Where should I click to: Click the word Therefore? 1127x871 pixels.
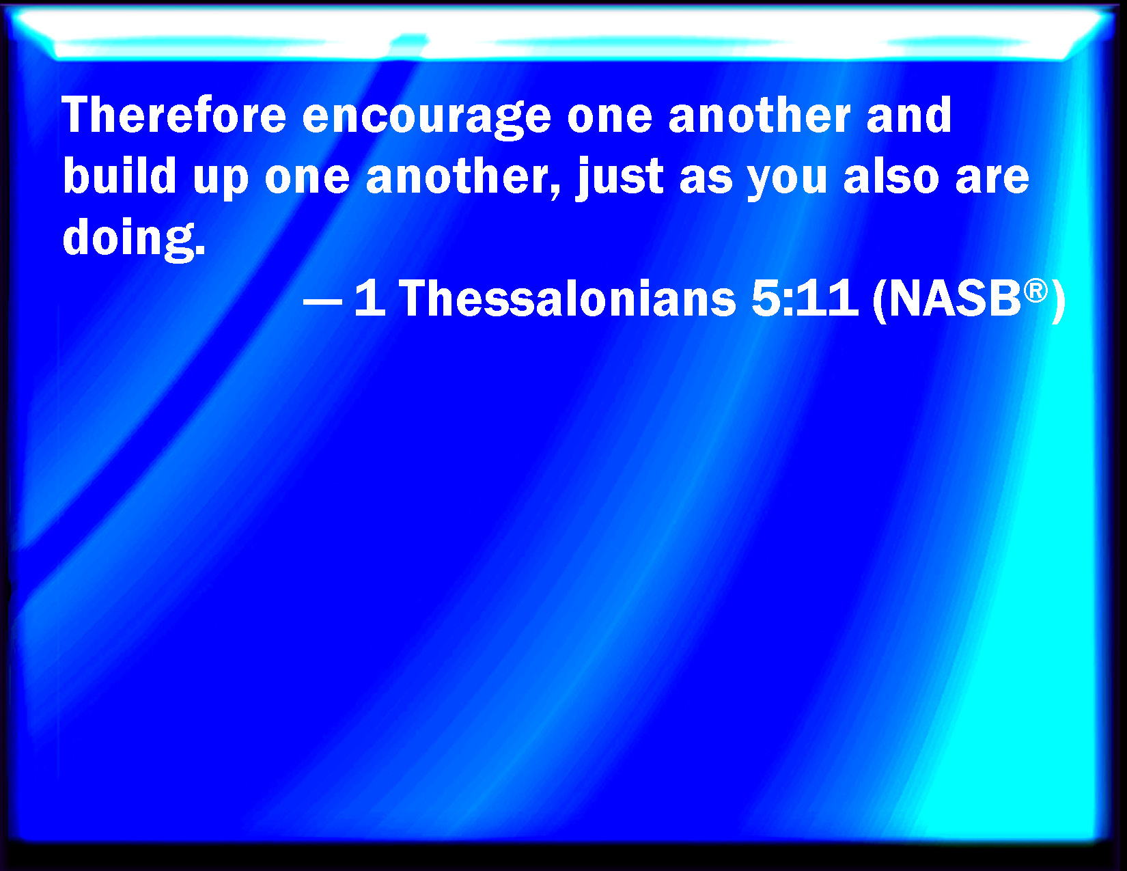173,115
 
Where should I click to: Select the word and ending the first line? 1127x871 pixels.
908,115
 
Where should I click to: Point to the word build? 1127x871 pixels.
120,176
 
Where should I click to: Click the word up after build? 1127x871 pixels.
221,180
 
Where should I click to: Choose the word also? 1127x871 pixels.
891,176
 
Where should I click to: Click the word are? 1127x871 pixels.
992,180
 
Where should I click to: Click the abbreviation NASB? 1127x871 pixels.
955,299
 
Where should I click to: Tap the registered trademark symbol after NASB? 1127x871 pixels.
1035,290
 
